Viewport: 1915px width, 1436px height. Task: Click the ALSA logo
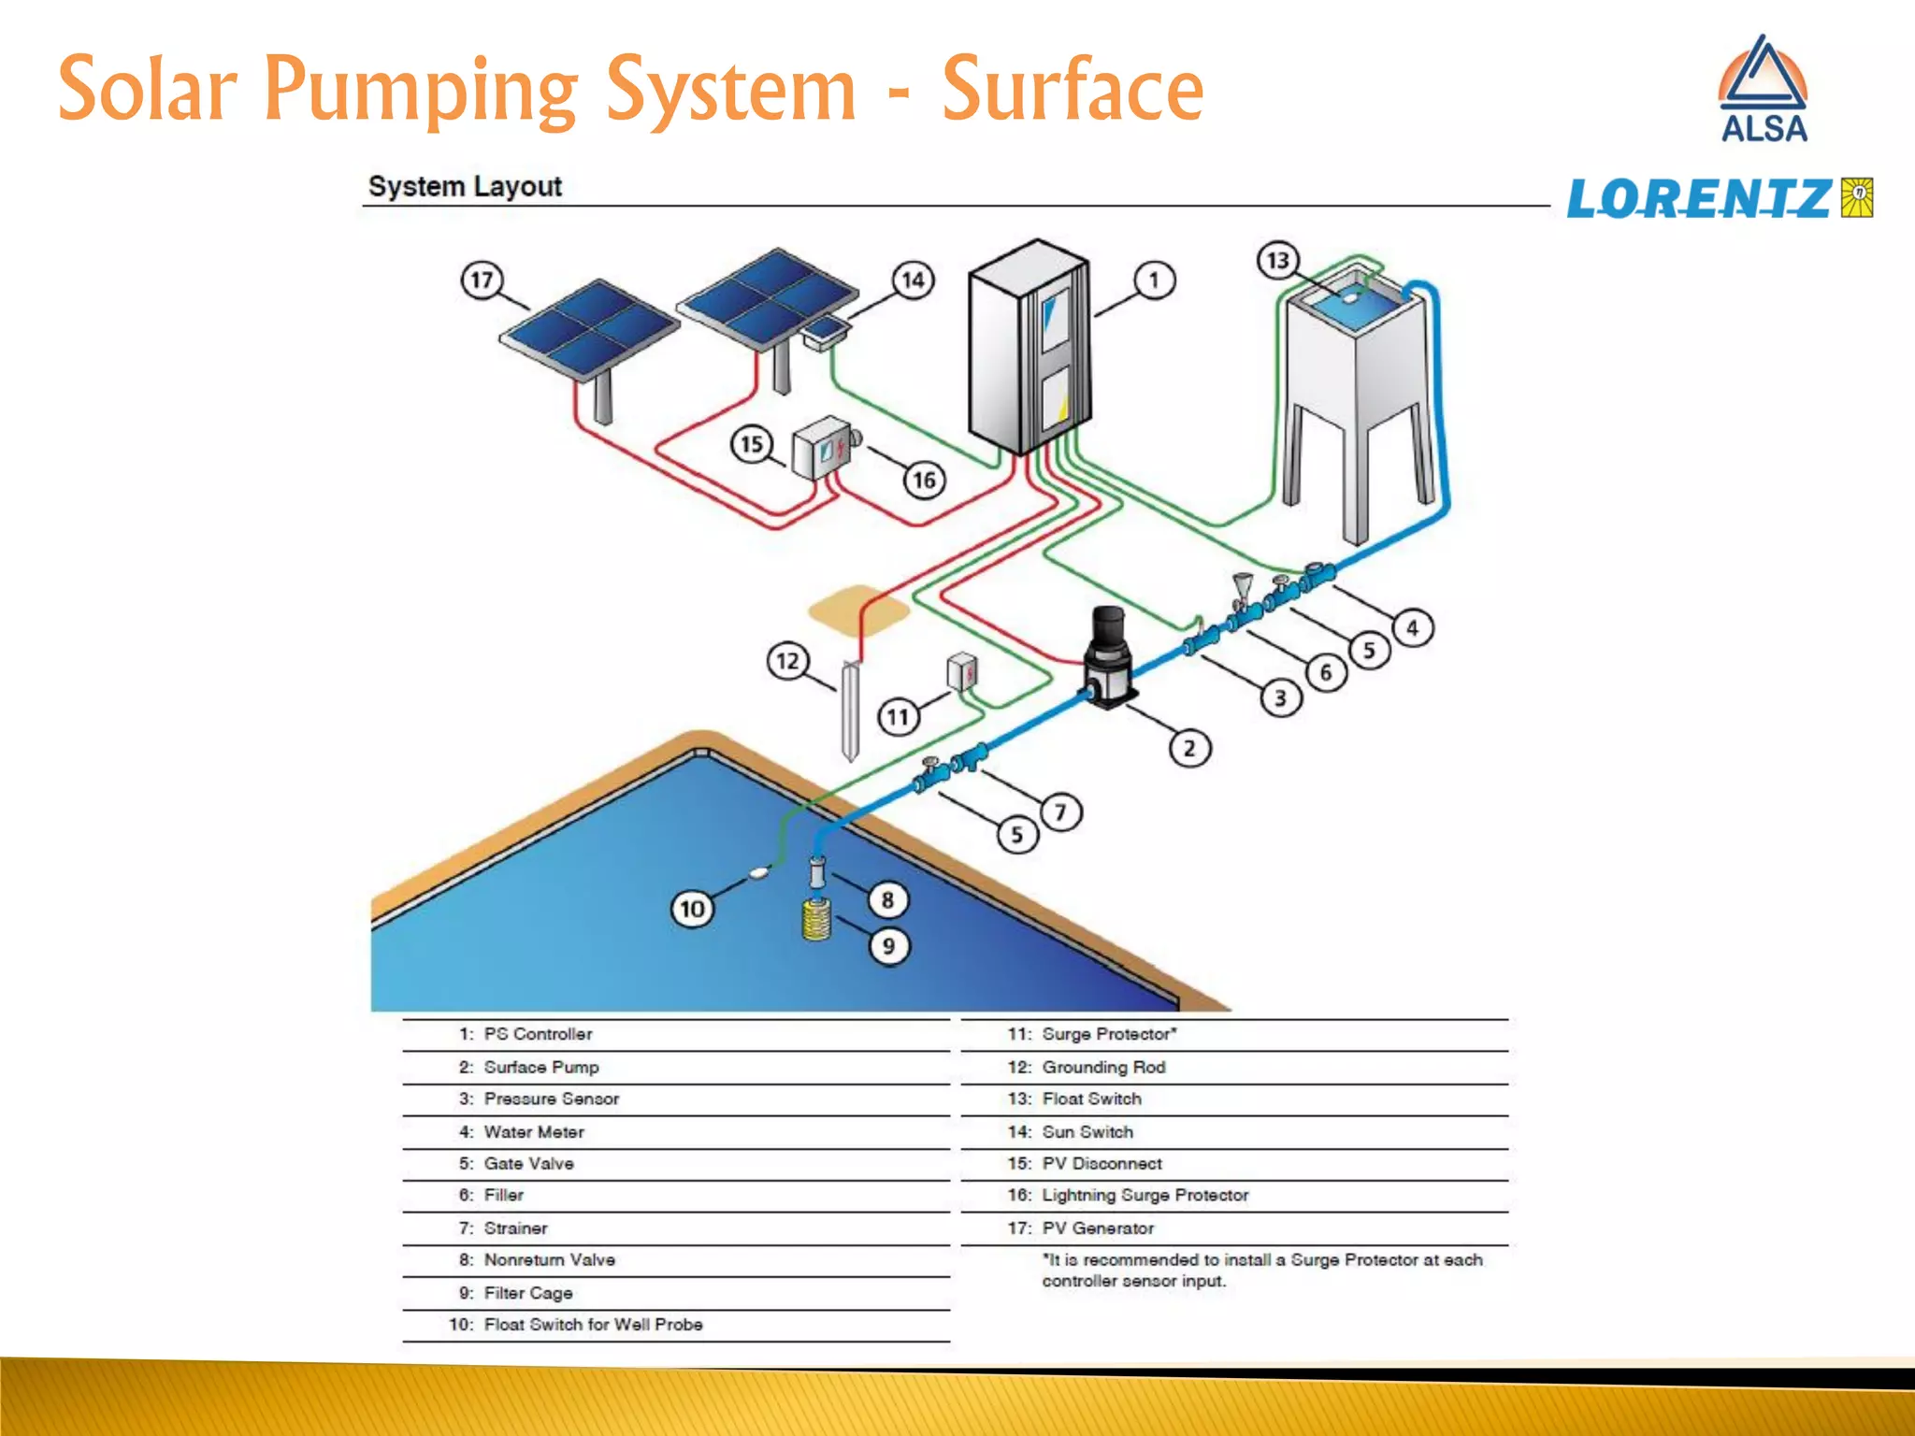(x=1763, y=90)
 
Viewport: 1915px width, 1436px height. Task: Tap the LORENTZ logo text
(x=1698, y=198)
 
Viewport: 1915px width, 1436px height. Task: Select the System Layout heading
(x=465, y=186)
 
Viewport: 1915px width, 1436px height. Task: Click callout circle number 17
(x=482, y=280)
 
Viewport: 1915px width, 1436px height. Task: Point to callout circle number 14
(x=913, y=280)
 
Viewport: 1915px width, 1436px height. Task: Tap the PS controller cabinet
(x=1028, y=346)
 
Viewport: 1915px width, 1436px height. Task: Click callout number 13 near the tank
(x=1277, y=260)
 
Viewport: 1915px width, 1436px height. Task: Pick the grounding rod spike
(x=850, y=711)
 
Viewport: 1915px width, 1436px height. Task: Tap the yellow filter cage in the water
(x=816, y=919)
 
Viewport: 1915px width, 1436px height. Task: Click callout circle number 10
(x=692, y=909)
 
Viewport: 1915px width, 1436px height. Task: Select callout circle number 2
(x=1189, y=748)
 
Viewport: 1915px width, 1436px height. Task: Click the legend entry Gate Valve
(x=528, y=1163)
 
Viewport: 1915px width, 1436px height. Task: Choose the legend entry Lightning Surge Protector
(x=1145, y=1195)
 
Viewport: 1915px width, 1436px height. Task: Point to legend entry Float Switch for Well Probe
(x=593, y=1324)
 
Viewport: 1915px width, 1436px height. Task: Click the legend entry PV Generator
(x=1098, y=1228)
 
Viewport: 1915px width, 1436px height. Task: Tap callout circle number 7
(x=1060, y=811)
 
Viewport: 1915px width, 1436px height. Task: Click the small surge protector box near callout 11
(x=962, y=671)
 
